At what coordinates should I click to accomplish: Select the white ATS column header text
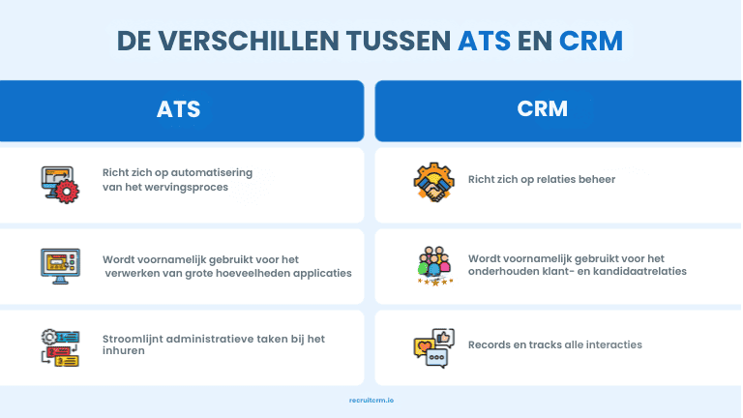pos(179,109)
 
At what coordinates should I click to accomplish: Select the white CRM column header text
pos(543,109)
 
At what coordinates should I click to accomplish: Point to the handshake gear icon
pos(433,182)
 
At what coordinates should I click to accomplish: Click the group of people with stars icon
pos(433,265)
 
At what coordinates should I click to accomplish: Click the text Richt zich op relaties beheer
pos(542,179)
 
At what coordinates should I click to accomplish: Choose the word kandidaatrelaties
pos(642,272)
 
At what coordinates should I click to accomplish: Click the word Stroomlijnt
pos(132,338)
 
